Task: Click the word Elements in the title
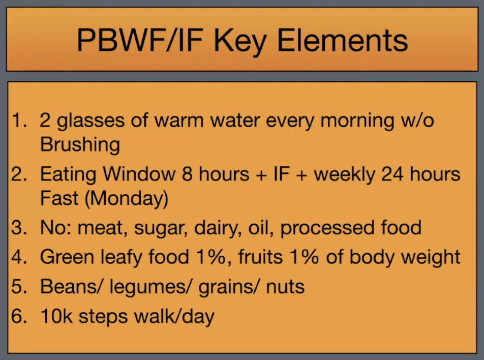(x=343, y=41)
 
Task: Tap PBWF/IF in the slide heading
(x=139, y=41)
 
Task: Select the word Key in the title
(x=240, y=42)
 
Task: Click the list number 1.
(x=19, y=120)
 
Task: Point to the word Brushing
(x=80, y=144)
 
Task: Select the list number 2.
(x=19, y=174)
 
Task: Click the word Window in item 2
(x=139, y=173)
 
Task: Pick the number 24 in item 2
(x=392, y=174)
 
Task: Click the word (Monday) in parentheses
(x=126, y=198)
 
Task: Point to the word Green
(x=67, y=257)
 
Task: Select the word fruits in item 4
(x=260, y=257)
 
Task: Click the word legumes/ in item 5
(x=150, y=287)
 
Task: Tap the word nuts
(x=285, y=287)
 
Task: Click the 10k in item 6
(x=56, y=316)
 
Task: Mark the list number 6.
(x=19, y=316)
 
